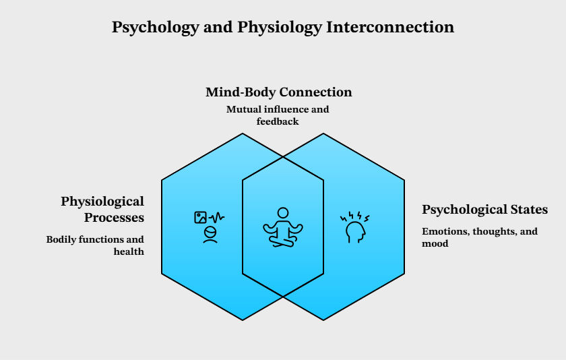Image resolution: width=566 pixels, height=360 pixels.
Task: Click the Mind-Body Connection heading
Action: pos(278,92)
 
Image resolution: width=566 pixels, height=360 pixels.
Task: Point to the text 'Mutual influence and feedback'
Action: pos(278,115)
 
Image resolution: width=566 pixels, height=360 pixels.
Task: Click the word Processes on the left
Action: pos(114,218)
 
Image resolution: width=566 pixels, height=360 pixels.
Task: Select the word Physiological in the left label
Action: pos(102,202)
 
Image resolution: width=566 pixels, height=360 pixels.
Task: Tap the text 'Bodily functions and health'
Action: pos(95,245)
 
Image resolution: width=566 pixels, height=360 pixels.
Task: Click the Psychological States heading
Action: pos(484,210)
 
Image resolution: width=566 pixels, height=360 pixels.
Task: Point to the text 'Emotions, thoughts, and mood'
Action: pos(480,237)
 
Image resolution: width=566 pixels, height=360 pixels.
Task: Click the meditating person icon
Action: pos(282,227)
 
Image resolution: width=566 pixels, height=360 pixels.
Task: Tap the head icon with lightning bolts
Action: pos(354,227)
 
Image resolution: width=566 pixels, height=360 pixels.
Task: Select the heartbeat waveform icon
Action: pos(217,217)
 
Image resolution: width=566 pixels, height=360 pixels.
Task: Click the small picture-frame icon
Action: pos(200,217)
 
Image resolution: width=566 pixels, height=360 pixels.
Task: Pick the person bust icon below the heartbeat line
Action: pos(210,234)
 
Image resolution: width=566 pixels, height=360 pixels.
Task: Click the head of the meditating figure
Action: pos(282,212)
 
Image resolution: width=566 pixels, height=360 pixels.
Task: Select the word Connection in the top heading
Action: pos(317,92)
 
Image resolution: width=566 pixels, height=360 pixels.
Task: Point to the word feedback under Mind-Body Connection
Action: pos(278,121)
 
